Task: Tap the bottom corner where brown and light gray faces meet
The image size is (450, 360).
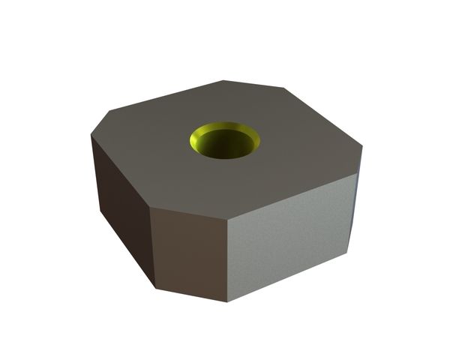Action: point(228,301)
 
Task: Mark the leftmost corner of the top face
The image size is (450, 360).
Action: point(91,137)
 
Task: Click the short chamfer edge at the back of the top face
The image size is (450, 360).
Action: point(253,84)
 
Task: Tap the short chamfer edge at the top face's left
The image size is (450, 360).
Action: point(100,124)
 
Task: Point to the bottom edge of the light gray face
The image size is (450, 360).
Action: point(289,277)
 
